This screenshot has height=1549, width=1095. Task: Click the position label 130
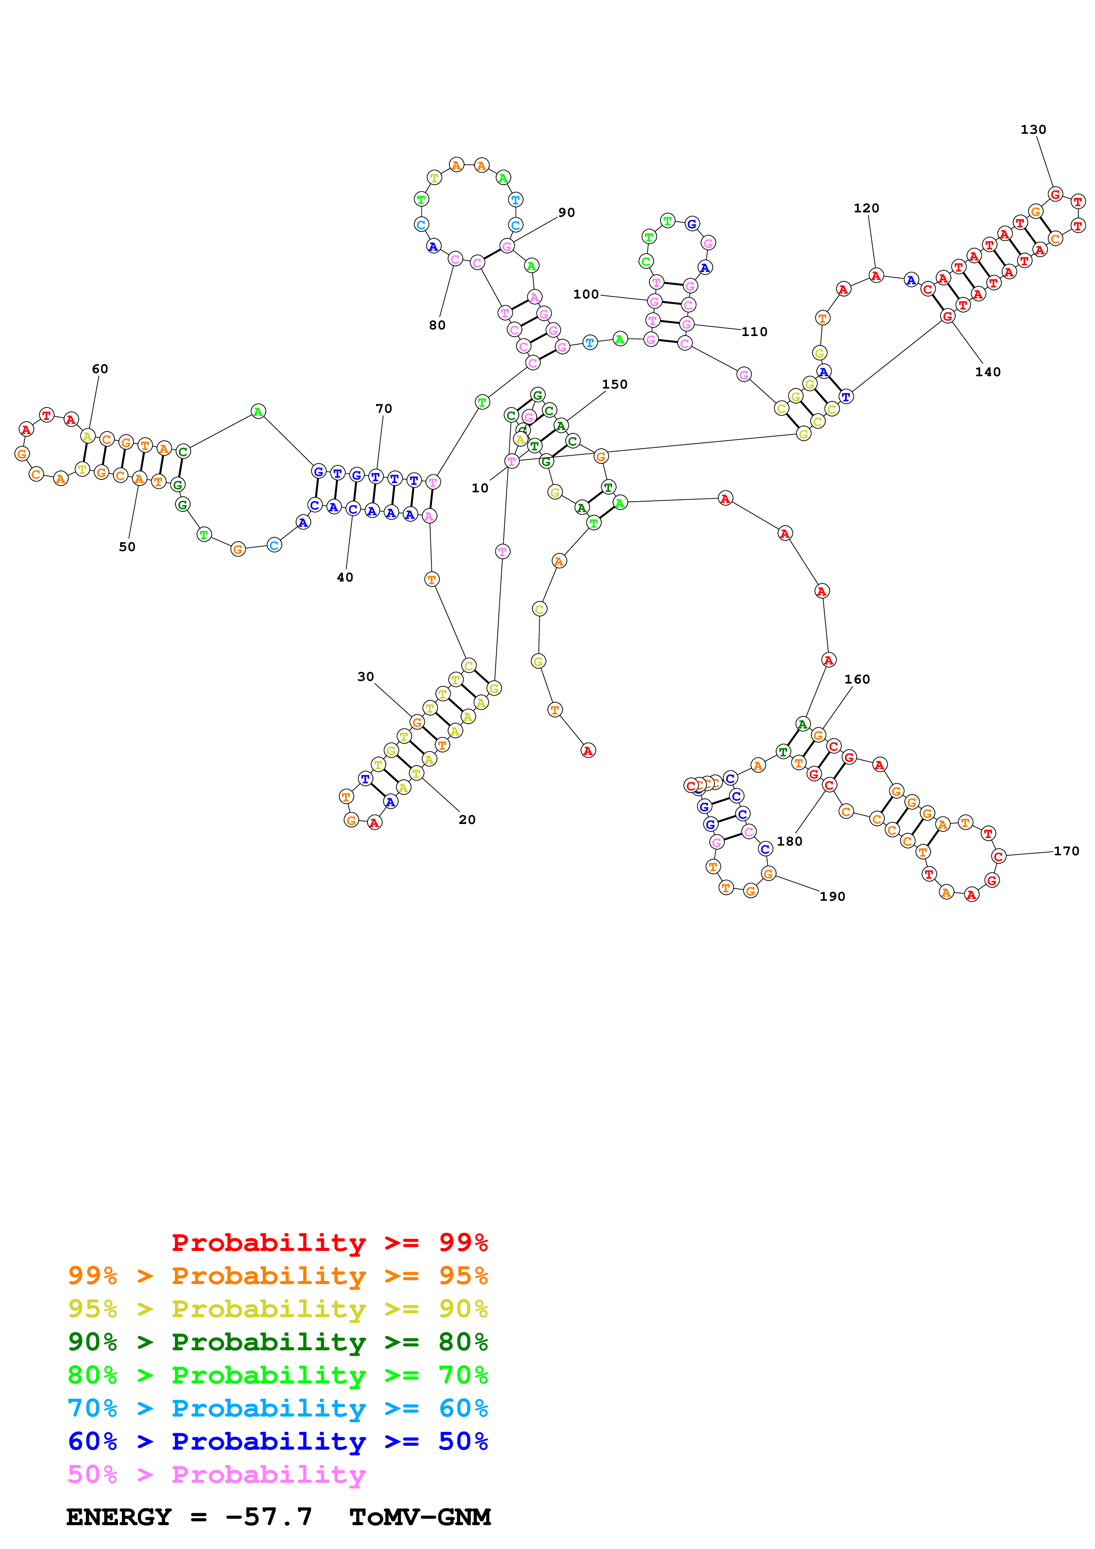point(1032,129)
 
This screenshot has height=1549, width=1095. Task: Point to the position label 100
point(586,294)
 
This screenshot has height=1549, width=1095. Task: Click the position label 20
point(467,820)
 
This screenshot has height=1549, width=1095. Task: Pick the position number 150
point(614,385)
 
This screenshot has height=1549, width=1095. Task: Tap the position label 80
point(437,325)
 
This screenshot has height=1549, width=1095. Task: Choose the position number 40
point(345,578)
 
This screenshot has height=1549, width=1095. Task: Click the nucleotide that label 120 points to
point(876,275)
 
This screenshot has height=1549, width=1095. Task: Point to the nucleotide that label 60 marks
point(88,437)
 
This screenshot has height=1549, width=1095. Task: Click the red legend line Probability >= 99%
point(329,1243)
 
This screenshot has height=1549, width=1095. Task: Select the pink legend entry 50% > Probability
point(216,1475)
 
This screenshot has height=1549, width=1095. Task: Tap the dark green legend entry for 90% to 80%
point(277,1342)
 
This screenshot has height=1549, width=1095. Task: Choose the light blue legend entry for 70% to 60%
point(277,1409)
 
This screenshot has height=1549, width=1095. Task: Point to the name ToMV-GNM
point(420,1517)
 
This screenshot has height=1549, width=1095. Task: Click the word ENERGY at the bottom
point(119,1517)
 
